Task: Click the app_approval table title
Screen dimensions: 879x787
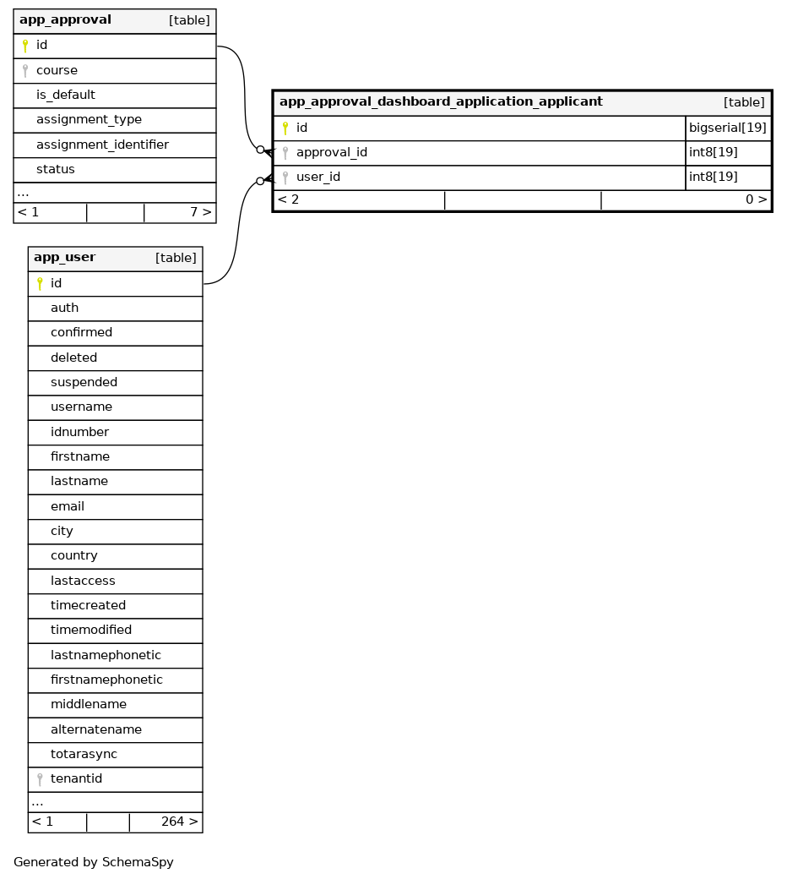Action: tap(65, 20)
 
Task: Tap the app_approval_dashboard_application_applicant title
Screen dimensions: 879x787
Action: tap(441, 102)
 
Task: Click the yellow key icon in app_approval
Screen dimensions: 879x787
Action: tap(25, 46)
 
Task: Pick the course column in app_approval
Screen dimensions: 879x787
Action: tap(57, 70)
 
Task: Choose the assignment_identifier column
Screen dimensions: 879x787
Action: tap(102, 145)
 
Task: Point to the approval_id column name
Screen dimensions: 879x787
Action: tap(331, 153)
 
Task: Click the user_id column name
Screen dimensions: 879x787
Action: tap(318, 177)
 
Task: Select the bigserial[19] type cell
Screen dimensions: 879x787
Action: tap(728, 128)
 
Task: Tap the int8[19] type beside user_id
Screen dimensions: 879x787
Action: tap(714, 177)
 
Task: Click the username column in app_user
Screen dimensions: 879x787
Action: tap(81, 407)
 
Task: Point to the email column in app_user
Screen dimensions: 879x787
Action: tap(68, 506)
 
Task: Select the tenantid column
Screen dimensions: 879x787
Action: tap(76, 778)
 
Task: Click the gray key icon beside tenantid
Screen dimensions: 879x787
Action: tap(40, 779)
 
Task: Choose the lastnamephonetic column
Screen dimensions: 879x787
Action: tap(106, 655)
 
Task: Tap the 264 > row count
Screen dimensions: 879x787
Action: tap(179, 822)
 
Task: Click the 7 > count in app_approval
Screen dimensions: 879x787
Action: tap(200, 212)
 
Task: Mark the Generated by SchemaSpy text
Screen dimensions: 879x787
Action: tap(94, 863)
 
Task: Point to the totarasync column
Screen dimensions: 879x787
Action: tap(84, 754)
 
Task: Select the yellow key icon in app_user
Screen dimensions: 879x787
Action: tap(40, 283)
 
